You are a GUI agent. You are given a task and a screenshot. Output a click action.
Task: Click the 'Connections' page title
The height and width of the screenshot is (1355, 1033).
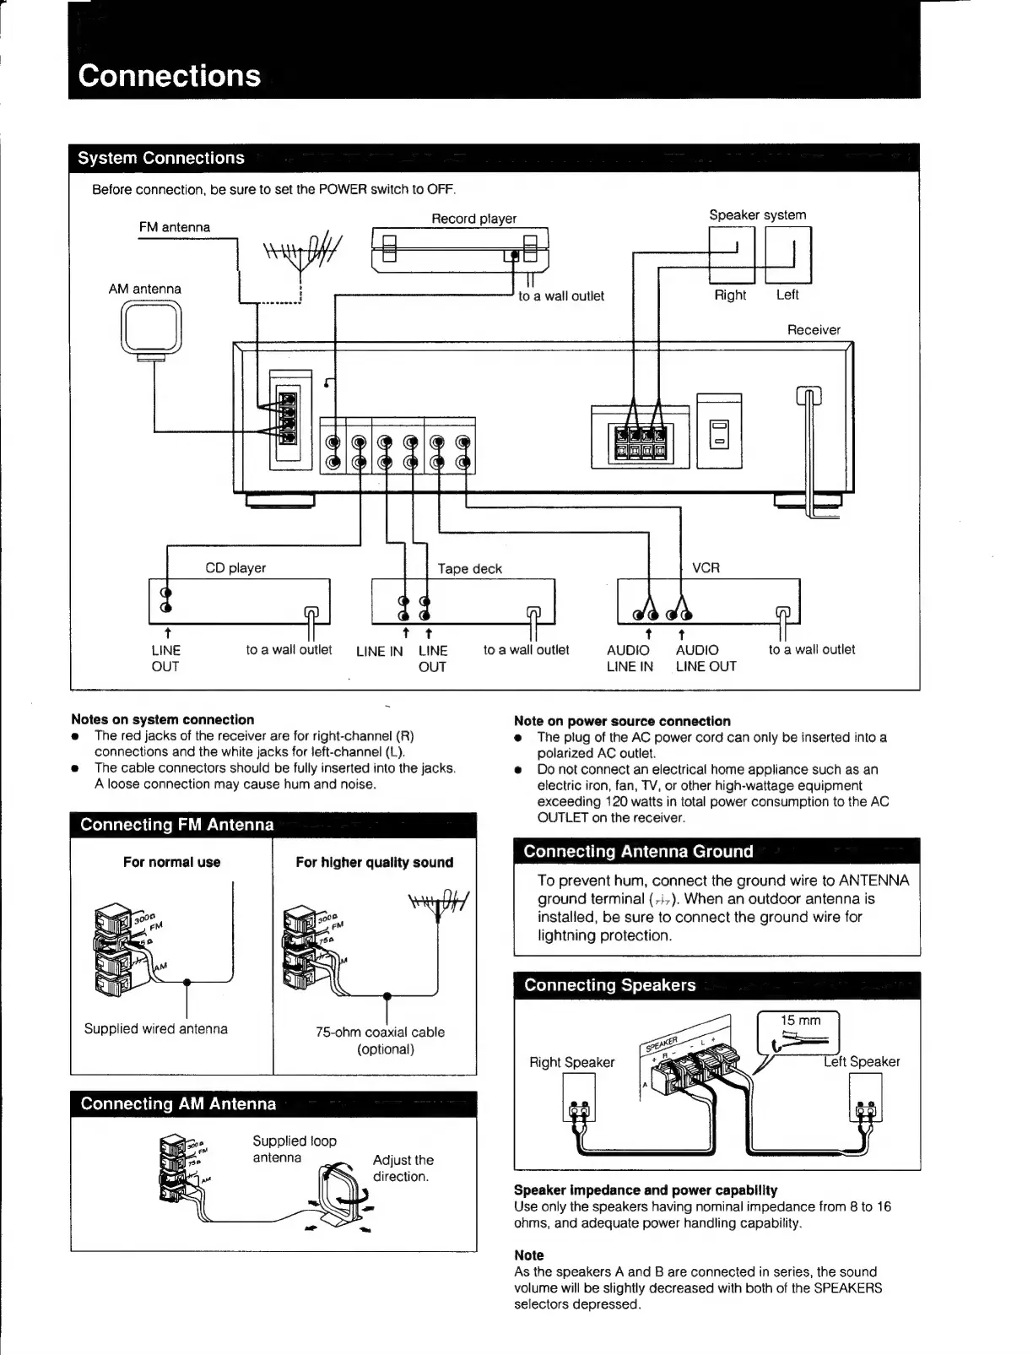[x=170, y=76]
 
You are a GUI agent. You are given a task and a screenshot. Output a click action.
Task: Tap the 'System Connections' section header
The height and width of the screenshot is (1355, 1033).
[x=161, y=158]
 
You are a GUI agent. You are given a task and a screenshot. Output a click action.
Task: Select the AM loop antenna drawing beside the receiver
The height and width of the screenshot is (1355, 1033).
[x=152, y=330]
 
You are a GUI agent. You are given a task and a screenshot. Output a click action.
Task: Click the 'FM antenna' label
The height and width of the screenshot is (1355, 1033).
[x=175, y=227]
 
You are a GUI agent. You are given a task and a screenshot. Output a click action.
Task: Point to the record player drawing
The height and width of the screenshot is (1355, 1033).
[x=460, y=251]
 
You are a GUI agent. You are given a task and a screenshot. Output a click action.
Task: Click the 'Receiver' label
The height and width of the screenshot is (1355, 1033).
[x=814, y=330]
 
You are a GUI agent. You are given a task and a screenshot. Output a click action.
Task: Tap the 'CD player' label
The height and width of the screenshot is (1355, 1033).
[x=235, y=568]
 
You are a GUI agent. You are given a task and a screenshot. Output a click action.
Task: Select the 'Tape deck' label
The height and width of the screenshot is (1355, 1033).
[x=469, y=569]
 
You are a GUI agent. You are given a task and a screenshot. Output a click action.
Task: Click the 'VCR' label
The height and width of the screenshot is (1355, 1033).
[x=706, y=568]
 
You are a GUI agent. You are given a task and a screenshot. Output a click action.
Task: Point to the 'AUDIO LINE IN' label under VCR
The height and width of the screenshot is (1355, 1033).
[x=630, y=659]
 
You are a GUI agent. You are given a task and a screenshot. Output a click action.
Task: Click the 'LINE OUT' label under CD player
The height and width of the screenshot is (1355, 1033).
[x=165, y=659]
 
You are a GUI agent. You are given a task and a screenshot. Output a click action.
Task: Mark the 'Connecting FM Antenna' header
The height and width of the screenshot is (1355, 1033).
[x=177, y=825]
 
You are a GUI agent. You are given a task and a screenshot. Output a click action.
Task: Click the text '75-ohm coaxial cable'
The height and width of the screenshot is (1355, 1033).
[x=380, y=1032]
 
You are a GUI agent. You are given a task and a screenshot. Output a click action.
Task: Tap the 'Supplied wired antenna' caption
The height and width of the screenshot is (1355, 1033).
[x=156, y=1028]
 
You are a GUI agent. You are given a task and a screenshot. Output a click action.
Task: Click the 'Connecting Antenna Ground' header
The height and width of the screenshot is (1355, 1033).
[x=638, y=851]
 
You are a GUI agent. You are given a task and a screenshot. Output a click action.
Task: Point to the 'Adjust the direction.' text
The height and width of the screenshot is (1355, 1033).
[x=403, y=1168]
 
